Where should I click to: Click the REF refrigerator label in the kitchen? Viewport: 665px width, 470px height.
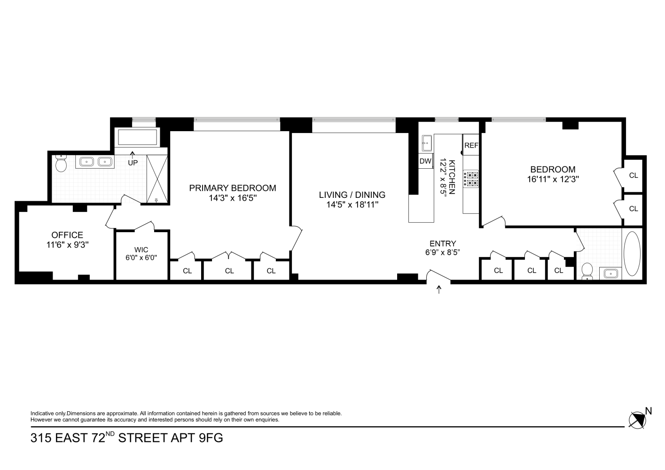pyautogui.click(x=471, y=146)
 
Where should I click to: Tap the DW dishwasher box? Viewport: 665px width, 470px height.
pyautogui.click(x=425, y=161)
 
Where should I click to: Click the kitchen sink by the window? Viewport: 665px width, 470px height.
pyautogui.click(x=427, y=142)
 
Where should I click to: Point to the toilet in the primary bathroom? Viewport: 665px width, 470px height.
pyautogui.click(x=61, y=164)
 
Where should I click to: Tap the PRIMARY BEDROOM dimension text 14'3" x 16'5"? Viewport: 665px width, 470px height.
pyautogui.click(x=233, y=198)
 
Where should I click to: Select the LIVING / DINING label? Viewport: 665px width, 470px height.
pyautogui.click(x=352, y=195)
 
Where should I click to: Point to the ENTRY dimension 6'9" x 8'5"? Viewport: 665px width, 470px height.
pyautogui.click(x=443, y=252)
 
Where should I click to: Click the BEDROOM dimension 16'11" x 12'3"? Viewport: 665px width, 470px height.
pyautogui.click(x=553, y=179)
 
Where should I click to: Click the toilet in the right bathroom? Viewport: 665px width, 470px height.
pyautogui.click(x=587, y=271)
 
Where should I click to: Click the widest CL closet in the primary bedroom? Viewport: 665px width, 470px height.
pyautogui.click(x=229, y=270)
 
